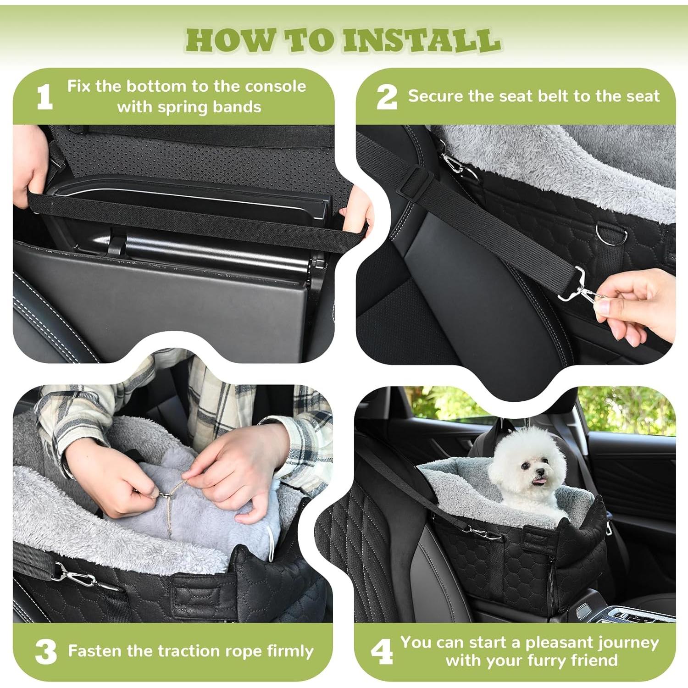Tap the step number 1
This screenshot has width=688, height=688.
pyautogui.click(x=44, y=97)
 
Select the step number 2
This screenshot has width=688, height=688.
pyautogui.click(x=387, y=97)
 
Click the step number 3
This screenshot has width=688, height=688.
pyautogui.click(x=46, y=652)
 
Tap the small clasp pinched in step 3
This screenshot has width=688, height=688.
pyautogui.click(x=164, y=495)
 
